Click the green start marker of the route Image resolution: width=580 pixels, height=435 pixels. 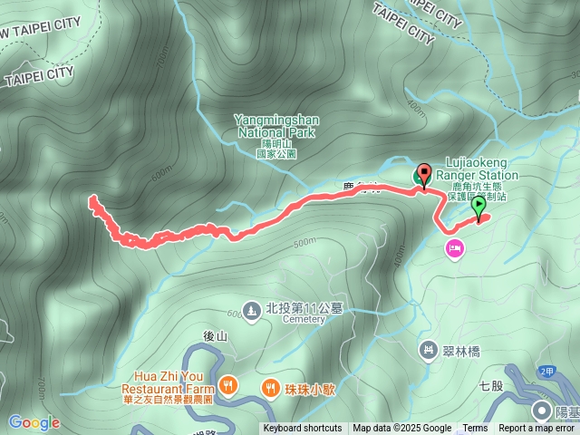click(478, 208)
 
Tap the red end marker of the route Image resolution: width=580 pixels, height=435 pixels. click(424, 173)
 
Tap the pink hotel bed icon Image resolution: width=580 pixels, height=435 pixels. click(454, 247)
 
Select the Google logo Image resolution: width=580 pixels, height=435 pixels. click(34, 422)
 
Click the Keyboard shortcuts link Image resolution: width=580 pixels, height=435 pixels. click(303, 429)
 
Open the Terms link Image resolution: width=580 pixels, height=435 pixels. click(475, 429)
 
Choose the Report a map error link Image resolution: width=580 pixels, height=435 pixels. click(537, 429)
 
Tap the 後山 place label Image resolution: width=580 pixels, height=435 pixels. click(215, 336)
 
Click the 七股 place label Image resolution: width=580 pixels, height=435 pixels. click(492, 385)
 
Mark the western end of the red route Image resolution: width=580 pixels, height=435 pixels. click(92, 198)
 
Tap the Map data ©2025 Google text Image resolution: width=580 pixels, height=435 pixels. click(402, 429)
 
